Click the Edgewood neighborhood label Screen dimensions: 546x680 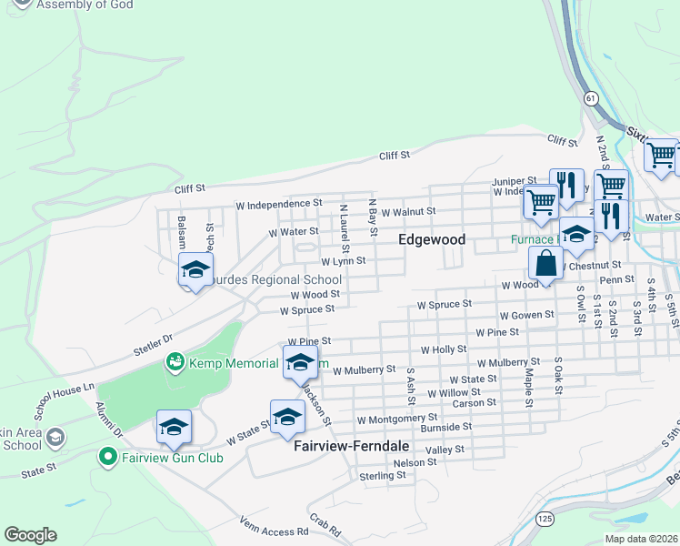[433, 239]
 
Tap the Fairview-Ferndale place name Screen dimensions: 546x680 [352, 448]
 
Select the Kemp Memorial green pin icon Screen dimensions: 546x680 [174, 363]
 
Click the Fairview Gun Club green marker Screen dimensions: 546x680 [108, 457]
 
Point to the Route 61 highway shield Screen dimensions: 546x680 [592, 97]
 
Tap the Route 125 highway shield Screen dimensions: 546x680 [544, 518]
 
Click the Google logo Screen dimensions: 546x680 [30, 535]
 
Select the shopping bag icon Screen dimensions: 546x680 [545, 265]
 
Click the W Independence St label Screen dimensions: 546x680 [278, 204]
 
